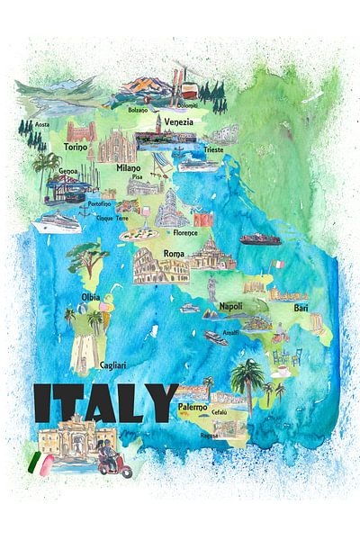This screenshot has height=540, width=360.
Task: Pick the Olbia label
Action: (x=91, y=296)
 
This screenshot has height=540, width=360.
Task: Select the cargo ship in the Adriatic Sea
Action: (x=259, y=239)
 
